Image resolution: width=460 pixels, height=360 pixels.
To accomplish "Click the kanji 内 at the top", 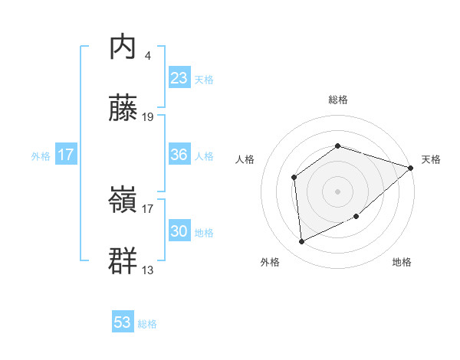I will coord(123,48).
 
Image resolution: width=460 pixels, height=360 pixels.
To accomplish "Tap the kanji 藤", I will coord(123,109).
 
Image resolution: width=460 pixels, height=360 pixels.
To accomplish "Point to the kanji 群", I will coord(123,261).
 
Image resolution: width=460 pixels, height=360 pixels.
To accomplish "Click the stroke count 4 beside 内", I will coord(147,55).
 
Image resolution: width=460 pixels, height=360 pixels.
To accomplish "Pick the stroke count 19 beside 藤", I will coord(149,116).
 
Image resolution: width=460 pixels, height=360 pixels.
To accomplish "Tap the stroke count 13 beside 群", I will coord(149,270).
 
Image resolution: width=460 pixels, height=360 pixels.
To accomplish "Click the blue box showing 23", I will coord(179,78).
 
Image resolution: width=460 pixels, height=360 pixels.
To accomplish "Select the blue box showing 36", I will coord(179,155).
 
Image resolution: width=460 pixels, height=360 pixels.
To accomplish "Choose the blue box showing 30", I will coord(179,231).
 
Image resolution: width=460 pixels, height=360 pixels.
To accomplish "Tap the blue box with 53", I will coord(123,322).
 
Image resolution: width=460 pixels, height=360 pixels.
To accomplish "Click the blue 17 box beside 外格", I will coord(66,155).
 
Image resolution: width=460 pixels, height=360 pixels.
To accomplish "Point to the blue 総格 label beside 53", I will coord(147,324).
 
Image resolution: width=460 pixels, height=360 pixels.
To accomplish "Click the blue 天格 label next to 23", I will coord(204,80).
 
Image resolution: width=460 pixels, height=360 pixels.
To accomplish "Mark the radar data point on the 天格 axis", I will coord(411,168).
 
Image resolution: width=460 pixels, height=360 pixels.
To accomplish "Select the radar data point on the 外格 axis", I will coord(302,242).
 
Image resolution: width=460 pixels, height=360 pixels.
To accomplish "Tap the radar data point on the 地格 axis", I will coord(357,217).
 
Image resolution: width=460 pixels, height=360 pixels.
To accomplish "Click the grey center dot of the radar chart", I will coord(337,191).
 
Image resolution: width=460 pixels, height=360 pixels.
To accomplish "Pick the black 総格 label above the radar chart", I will coord(338,100).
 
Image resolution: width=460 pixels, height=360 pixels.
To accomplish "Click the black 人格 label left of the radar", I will coord(245,159).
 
